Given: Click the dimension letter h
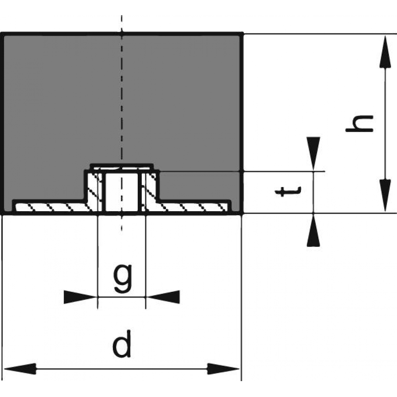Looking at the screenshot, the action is click(x=360, y=123).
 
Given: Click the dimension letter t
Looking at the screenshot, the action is click(x=288, y=192).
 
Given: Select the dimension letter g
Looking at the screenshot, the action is click(x=123, y=278).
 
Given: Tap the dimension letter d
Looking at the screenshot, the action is click(x=122, y=344).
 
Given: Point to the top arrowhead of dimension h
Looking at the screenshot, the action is click(x=385, y=52).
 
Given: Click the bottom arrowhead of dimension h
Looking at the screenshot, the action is click(x=385, y=195).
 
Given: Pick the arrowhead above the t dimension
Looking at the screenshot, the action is click(x=314, y=154).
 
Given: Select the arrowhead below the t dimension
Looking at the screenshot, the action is click(x=314, y=230).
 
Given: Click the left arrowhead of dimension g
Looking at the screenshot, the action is click(x=81, y=297).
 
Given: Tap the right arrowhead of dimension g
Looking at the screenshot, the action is click(x=163, y=297).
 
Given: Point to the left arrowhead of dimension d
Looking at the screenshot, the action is click(x=20, y=369).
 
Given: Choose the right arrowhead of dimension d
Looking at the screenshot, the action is click(x=223, y=369).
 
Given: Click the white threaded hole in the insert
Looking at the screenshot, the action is click(x=121, y=192).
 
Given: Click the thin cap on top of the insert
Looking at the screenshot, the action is click(x=122, y=167).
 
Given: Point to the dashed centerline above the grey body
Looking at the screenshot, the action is click(x=121, y=24).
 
